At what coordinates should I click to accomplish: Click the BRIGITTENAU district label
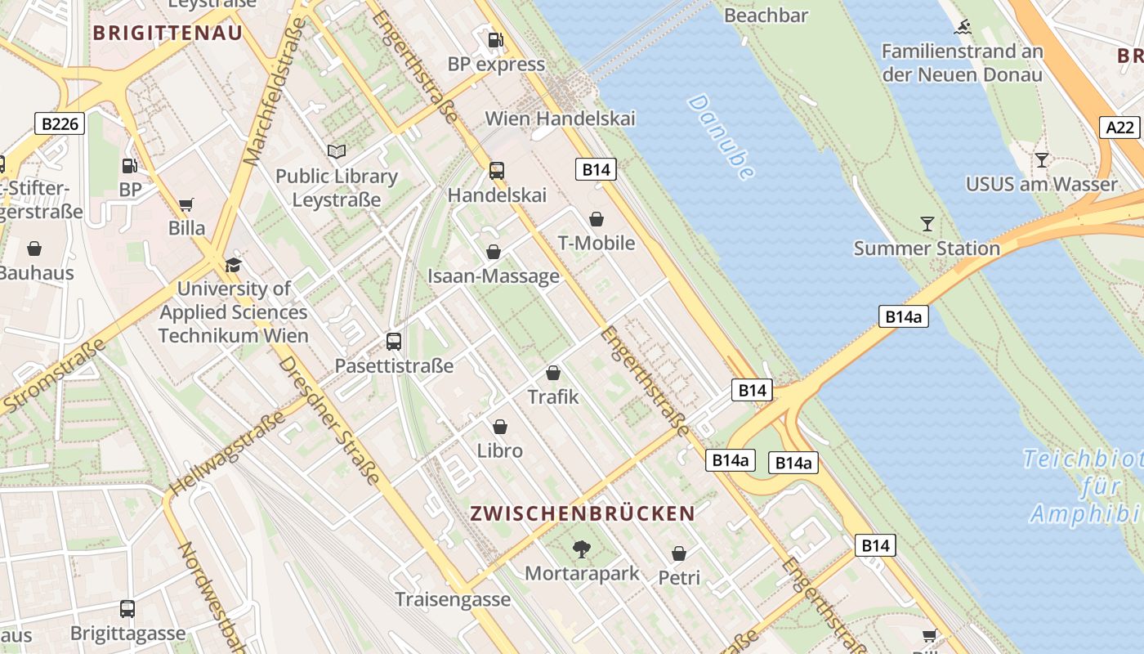click(168, 34)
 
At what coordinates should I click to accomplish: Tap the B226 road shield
click(60, 124)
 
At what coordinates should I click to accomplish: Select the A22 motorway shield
click(1119, 128)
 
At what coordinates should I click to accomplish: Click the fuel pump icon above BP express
click(495, 39)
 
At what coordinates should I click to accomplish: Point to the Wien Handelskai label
click(560, 119)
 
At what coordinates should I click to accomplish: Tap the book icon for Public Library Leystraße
click(337, 151)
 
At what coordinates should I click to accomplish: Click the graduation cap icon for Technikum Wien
click(233, 265)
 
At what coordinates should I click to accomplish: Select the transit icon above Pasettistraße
click(394, 341)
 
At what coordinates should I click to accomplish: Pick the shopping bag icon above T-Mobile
click(597, 219)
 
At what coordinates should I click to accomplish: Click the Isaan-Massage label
click(494, 276)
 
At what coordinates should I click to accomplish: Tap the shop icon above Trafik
click(553, 373)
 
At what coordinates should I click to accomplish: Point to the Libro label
click(500, 450)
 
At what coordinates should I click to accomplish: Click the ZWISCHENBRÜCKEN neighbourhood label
click(583, 513)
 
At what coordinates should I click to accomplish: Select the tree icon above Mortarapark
click(582, 549)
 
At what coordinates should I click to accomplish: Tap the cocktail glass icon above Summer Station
click(927, 223)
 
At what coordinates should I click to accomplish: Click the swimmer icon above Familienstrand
click(963, 27)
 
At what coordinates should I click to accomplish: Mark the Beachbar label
click(766, 16)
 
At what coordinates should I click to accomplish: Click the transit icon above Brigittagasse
click(127, 608)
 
